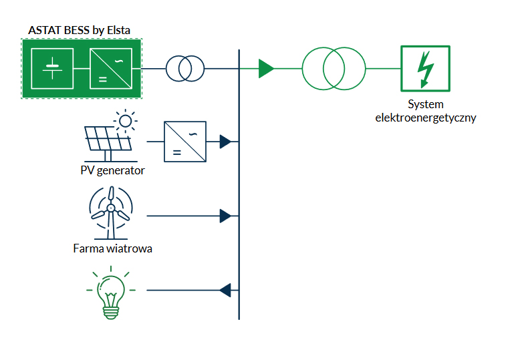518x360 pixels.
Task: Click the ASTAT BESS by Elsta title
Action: click(80, 30)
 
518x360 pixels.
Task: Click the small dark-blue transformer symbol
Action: click(185, 68)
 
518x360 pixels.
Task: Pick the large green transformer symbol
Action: click(334, 68)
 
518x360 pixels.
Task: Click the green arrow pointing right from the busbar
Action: click(266, 68)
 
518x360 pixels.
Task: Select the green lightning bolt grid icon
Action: click(425, 68)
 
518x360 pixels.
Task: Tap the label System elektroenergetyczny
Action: click(426, 112)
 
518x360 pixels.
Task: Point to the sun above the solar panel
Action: click(126, 121)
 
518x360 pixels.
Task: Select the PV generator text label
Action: click(112, 170)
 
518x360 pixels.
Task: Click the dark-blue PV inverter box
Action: click(185, 142)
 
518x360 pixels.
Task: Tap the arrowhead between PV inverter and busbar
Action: click(225, 142)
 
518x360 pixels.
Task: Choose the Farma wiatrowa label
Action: click(113, 249)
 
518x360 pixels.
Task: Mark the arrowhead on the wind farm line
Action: click(225, 216)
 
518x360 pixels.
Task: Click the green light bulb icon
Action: click(110, 295)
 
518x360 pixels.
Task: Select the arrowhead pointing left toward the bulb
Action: click(225, 289)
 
